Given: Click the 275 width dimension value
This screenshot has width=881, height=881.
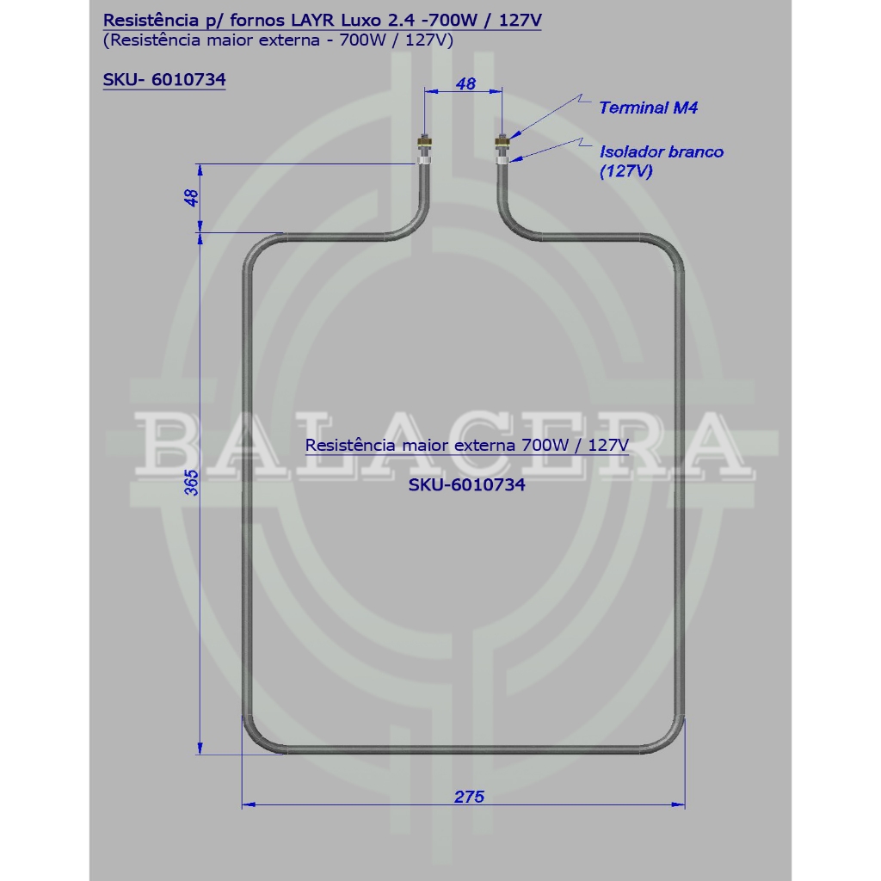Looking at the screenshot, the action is (x=469, y=796).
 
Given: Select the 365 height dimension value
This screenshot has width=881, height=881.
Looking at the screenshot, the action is (x=192, y=483).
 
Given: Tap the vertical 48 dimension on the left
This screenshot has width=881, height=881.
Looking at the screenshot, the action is (x=192, y=198).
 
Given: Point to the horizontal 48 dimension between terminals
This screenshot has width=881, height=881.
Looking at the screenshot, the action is (x=465, y=83).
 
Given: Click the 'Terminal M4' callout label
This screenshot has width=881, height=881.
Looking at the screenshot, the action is (x=649, y=108).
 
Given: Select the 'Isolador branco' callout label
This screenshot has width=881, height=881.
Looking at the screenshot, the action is (x=662, y=151).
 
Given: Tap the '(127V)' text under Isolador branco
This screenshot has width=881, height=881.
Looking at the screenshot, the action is (x=626, y=170).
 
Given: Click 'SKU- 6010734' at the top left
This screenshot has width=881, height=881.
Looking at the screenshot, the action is (x=164, y=79).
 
